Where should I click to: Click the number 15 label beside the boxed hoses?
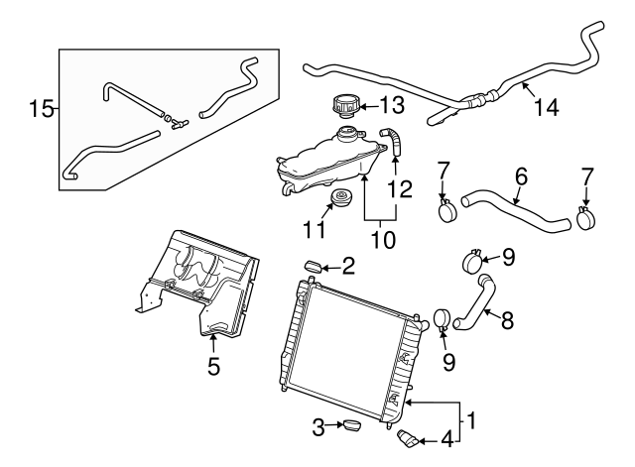[41, 107]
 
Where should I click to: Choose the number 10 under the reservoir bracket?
[383, 240]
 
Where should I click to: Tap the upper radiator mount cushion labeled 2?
[311, 265]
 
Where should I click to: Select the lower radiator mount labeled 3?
[350, 427]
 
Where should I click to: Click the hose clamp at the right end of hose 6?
[586, 212]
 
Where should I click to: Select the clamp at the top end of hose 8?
[473, 264]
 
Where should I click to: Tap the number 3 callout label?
[319, 427]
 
